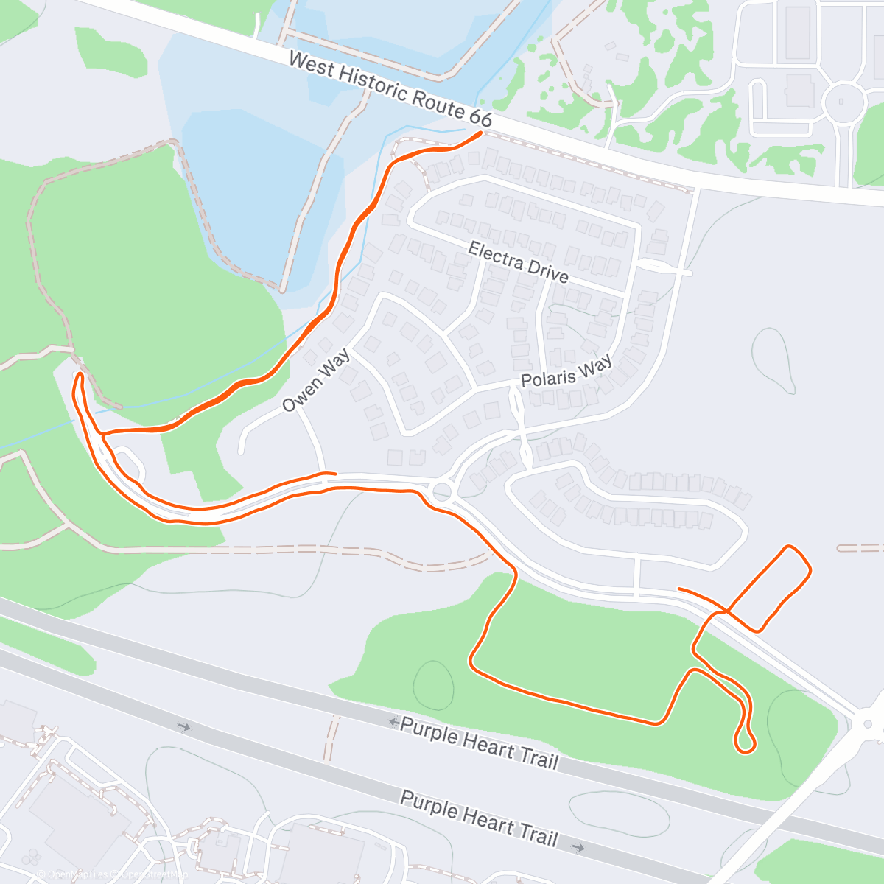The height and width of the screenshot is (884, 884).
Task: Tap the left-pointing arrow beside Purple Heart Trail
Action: click(394, 722)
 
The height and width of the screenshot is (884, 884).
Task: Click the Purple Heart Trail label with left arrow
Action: click(479, 743)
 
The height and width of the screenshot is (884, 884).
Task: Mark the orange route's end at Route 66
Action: click(481, 133)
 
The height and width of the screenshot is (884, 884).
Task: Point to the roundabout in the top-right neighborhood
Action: click(844, 102)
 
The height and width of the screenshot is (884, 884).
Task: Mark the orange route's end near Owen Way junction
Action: click(334, 474)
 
